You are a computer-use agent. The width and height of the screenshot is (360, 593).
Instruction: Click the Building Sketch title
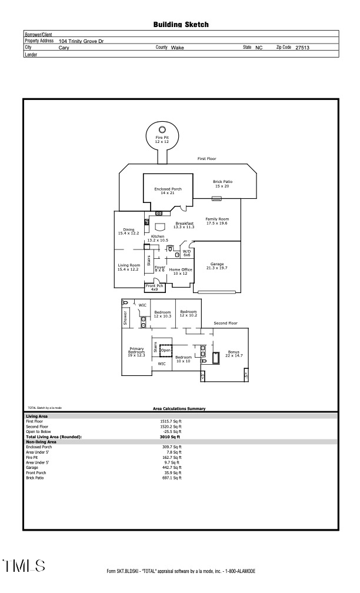[181, 25]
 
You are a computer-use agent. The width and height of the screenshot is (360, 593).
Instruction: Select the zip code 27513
[302, 47]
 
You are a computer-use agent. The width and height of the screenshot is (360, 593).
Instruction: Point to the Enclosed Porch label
[164, 191]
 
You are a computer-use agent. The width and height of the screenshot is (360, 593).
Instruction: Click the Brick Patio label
[222, 184]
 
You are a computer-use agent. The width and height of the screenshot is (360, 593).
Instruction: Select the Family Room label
[216, 221]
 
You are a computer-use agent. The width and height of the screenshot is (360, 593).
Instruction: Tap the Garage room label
[216, 266]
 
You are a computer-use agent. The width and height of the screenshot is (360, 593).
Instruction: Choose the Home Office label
[181, 271]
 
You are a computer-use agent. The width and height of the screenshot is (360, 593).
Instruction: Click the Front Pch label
[154, 287]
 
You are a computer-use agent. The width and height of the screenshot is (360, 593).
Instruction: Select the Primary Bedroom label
[136, 352]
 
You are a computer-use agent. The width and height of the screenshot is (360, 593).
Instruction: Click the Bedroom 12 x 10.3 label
[162, 314]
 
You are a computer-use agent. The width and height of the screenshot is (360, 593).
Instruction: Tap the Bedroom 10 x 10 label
[183, 359]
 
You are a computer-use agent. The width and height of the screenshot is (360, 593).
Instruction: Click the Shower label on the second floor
[125, 318]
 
